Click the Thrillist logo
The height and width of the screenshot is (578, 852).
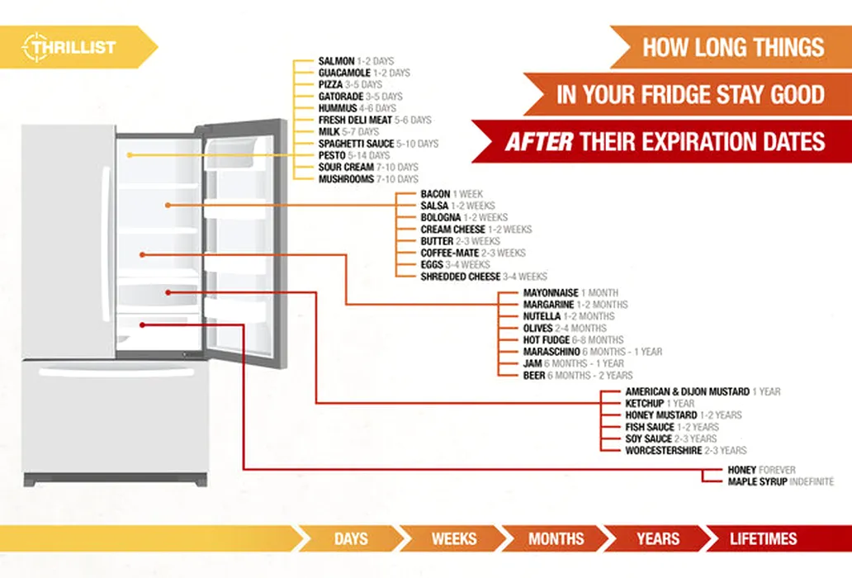[x=69, y=47]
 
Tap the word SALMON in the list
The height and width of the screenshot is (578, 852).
[x=336, y=61]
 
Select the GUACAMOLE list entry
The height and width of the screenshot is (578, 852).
[x=344, y=73]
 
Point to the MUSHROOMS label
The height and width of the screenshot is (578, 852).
[x=346, y=179]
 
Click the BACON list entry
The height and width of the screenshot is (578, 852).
[x=435, y=194]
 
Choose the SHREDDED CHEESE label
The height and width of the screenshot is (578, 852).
[x=460, y=277]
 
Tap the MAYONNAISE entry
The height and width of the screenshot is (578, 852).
[x=551, y=293]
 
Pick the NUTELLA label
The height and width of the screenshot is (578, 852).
[x=542, y=316]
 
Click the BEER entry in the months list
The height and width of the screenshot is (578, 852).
[x=534, y=376]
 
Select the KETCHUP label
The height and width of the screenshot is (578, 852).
[x=645, y=403]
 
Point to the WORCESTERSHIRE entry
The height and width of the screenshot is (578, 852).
[x=664, y=450]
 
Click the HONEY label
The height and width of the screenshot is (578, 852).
[x=741, y=470]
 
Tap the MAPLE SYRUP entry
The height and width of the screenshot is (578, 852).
[x=757, y=482]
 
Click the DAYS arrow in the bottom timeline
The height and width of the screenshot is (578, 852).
[x=351, y=538]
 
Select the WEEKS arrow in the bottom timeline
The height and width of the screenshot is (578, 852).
[x=454, y=538]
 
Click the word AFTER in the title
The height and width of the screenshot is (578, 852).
[x=539, y=142]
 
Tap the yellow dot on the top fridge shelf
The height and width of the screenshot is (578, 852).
[x=130, y=155]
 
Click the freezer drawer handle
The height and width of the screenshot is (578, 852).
[x=116, y=372]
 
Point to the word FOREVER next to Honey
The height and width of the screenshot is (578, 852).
[x=777, y=470]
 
